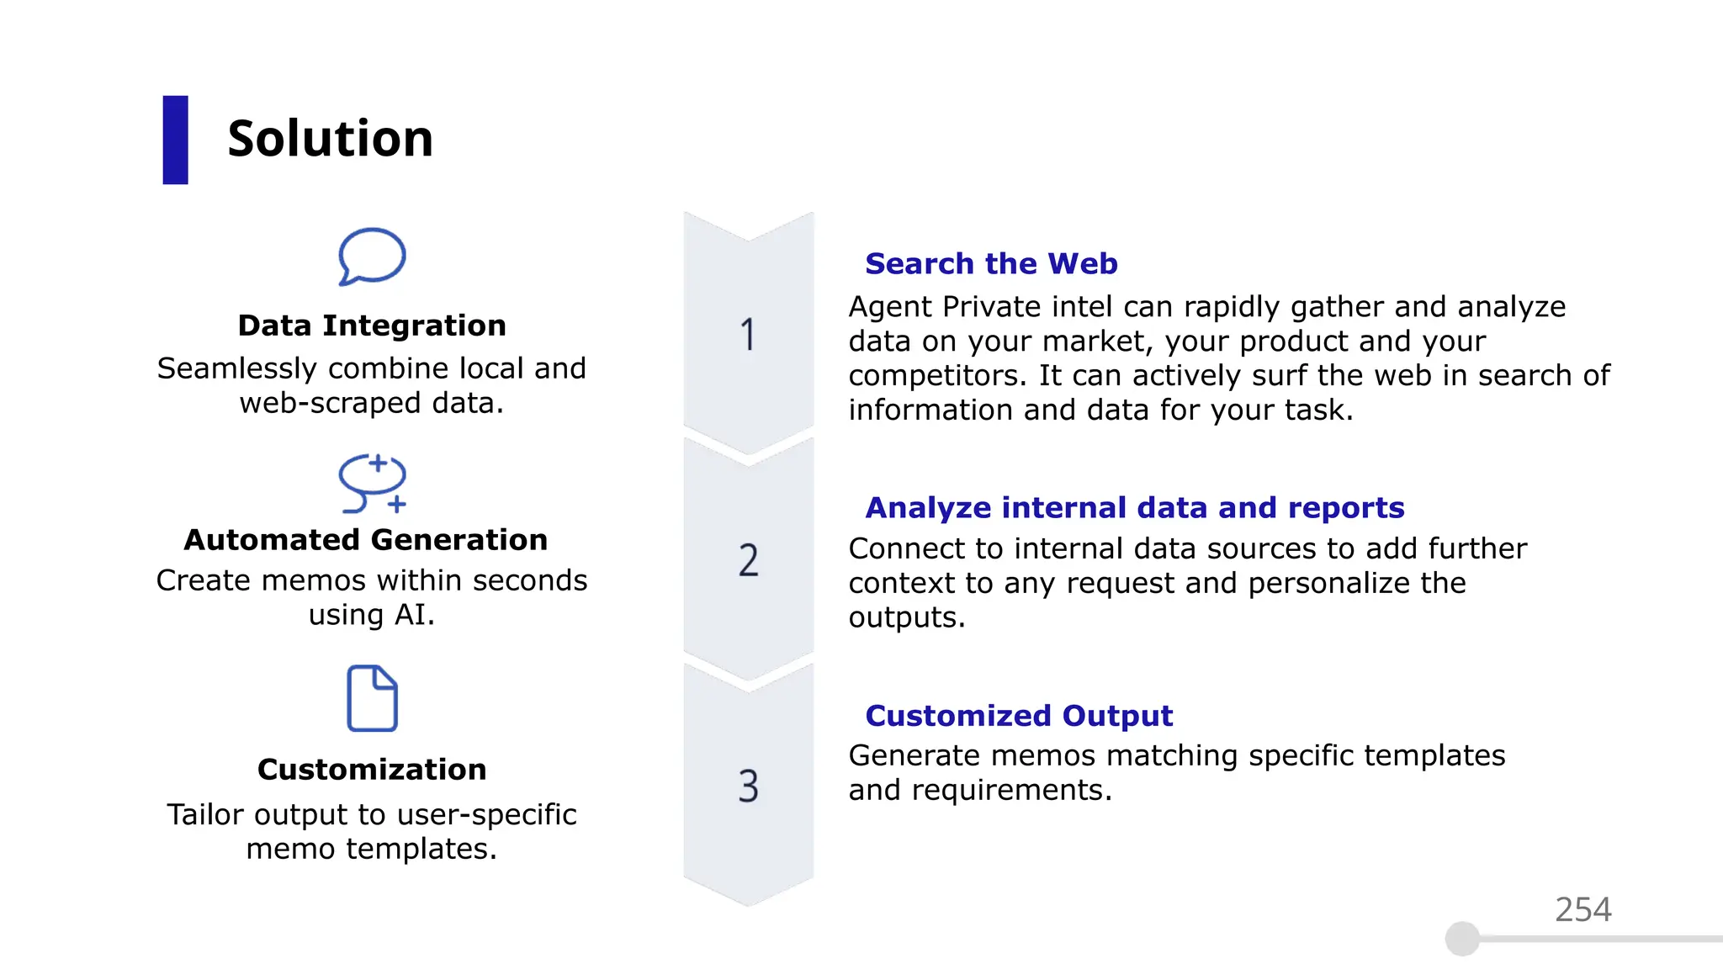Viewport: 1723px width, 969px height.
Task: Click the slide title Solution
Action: pos(330,139)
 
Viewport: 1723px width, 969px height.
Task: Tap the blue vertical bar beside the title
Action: pos(175,140)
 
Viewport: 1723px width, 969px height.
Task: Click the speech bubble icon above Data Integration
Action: pos(372,257)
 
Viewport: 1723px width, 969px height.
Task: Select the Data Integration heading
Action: pos(372,326)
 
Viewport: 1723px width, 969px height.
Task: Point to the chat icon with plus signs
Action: pos(373,484)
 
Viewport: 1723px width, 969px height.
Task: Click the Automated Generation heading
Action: pos(366,540)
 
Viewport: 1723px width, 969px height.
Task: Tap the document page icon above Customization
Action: pos(372,698)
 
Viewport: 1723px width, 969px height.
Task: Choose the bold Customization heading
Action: pos(372,770)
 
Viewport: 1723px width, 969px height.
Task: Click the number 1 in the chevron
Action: pos(748,335)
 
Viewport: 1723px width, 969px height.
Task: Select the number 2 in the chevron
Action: pos(748,560)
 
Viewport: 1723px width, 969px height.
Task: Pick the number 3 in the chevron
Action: pos(748,786)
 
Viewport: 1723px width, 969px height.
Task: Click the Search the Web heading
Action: pos(991,264)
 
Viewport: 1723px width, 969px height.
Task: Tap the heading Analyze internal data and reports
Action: pos(1135,508)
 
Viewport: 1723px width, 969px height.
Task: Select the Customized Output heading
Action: pos(1019,716)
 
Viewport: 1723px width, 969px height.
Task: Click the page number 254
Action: pos(1583,910)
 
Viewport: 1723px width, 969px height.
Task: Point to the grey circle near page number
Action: pos(1462,939)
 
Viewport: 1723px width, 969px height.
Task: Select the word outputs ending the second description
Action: pos(906,618)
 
